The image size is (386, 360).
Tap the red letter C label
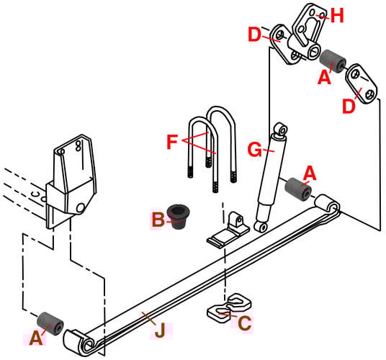(245, 324)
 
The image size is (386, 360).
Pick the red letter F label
(171, 141)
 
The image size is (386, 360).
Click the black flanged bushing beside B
(176, 215)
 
